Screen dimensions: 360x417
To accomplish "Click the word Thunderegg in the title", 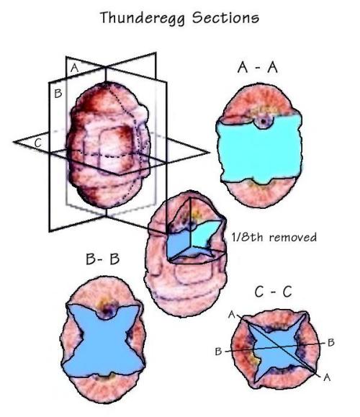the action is (143, 18).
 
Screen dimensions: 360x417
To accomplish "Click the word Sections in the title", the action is (225, 17).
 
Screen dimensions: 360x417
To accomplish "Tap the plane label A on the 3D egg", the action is (75, 68).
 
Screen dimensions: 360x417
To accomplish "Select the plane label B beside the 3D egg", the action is (58, 94).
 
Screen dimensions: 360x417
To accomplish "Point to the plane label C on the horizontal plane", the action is (38, 143).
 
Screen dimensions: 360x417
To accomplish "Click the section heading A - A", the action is (257, 67).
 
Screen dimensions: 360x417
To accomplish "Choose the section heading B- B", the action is (103, 259).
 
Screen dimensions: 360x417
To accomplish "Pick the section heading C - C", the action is (273, 292).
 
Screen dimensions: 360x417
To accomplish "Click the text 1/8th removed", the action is (274, 237).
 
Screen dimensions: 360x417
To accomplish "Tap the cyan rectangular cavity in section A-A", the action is (259, 150).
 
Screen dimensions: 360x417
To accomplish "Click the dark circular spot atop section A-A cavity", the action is (264, 122).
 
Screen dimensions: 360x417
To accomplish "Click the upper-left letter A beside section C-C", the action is (232, 315).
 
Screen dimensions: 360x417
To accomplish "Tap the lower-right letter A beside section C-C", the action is (327, 377).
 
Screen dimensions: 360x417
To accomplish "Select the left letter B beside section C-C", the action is (218, 351).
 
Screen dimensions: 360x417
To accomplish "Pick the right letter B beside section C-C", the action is (331, 342).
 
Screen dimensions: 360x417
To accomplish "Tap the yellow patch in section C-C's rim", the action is (254, 360).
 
